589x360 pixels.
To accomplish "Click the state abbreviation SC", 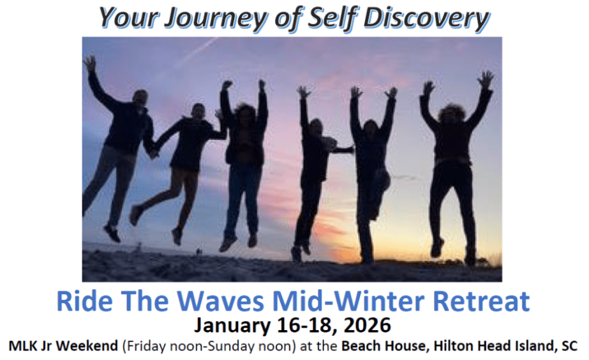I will pos(569,347).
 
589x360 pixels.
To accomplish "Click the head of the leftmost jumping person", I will pos(140,98).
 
